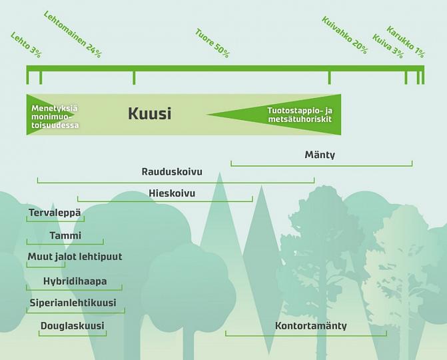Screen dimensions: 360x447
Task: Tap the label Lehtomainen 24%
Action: click(x=72, y=34)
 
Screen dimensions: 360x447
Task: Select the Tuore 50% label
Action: click(x=212, y=43)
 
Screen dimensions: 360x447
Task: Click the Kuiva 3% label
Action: click(x=388, y=45)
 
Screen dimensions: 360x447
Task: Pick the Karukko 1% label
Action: click(x=405, y=43)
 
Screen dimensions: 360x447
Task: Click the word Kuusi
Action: click(x=149, y=114)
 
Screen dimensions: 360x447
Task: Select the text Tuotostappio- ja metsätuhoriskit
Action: click(x=299, y=114)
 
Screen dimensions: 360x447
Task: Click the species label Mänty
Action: click(x=320, y=155)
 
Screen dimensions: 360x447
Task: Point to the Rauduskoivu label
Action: click(x=172, y=172)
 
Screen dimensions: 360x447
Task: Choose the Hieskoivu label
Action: click(x=172, y=193)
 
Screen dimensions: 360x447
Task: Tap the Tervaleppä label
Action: click(x=55, y=213)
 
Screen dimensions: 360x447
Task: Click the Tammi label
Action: click(x=65, y=235)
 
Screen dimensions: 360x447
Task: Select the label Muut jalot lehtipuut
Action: click(x=75, y=257)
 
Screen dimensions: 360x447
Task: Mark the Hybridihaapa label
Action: click(x=75, y=281)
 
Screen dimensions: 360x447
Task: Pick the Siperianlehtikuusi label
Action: click(x=73, y=303)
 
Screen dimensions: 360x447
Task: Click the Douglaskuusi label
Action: click(x=72, y=326)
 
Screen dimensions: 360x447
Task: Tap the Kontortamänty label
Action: click(x=310, y=326)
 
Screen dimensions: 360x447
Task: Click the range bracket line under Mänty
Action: click(x=321, y=163)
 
